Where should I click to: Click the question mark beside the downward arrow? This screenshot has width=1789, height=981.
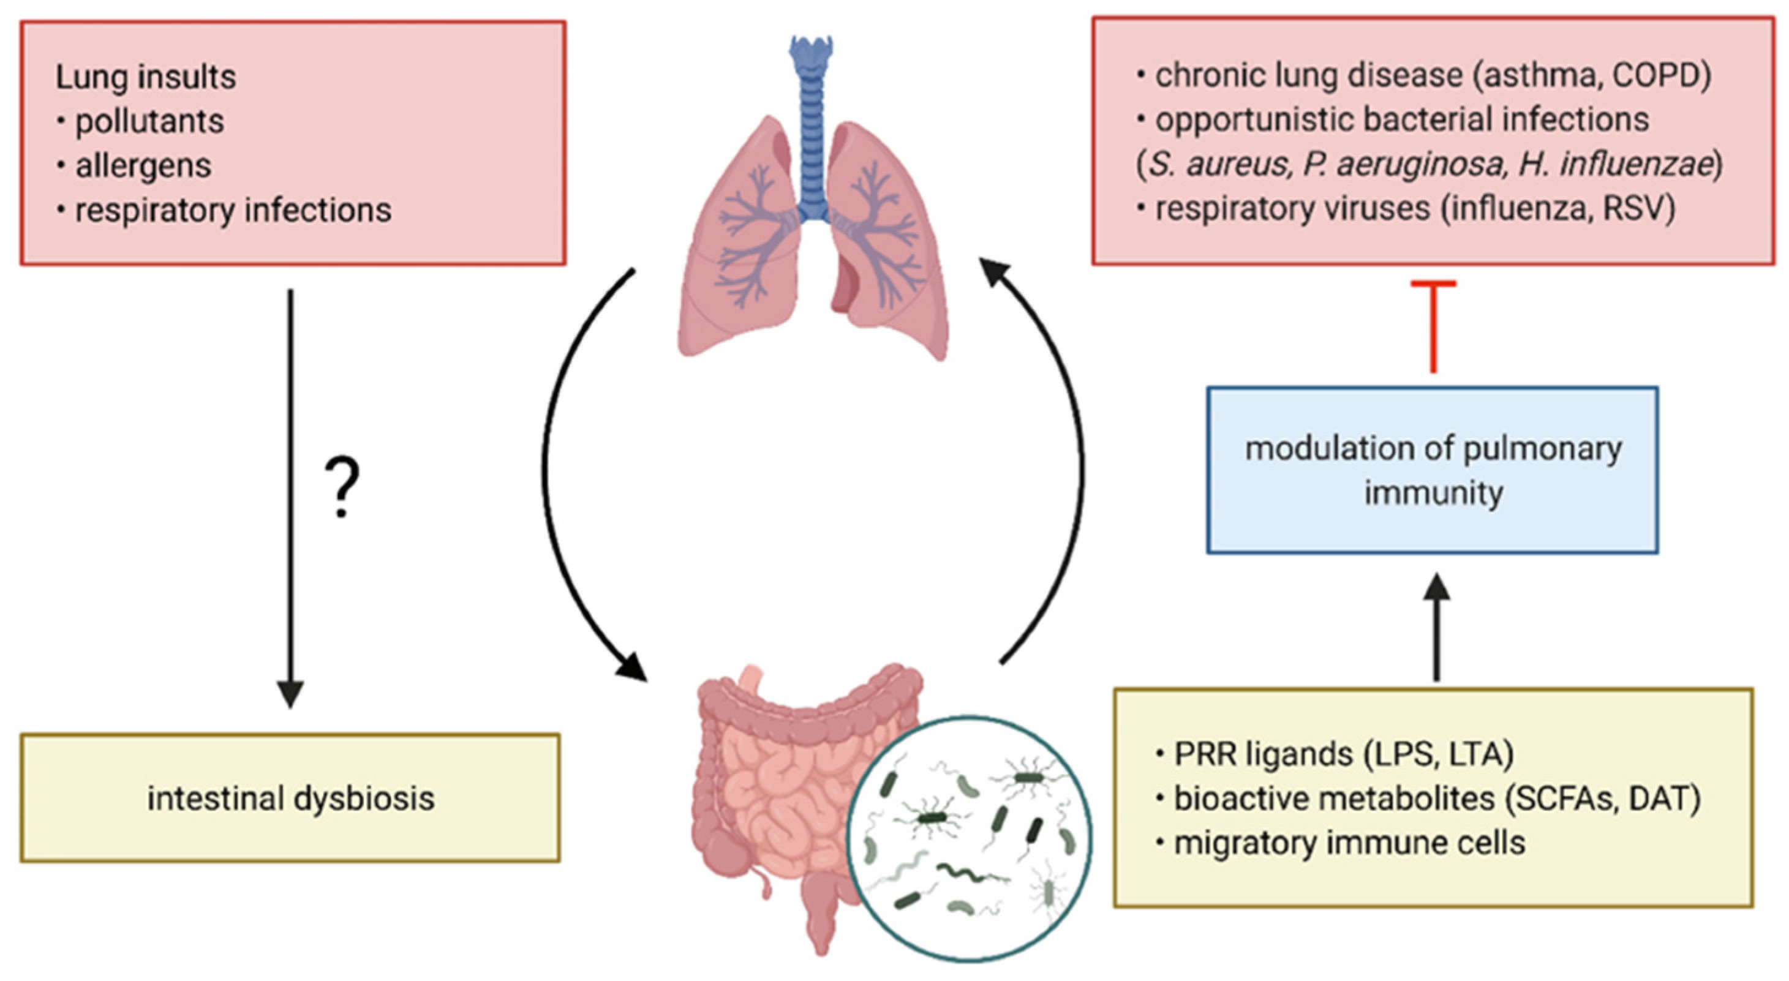click(342, 488)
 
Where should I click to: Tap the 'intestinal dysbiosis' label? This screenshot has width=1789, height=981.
click(290, 798)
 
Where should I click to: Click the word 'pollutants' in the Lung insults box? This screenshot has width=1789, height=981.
click(149, 121)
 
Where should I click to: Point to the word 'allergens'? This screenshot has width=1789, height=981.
click(143, 166)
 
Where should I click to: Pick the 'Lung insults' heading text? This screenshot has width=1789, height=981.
click(146, 77)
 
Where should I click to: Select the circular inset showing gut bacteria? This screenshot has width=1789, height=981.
click(970, 839)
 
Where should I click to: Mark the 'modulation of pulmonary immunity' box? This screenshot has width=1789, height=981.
click(1433, 470)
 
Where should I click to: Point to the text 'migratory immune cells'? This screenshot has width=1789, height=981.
click(1349, 843)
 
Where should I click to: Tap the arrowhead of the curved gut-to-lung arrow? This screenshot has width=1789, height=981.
click(993, 269)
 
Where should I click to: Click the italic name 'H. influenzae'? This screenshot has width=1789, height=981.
click(1614, 165)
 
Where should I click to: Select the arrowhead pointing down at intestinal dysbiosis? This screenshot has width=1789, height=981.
click(290, 694)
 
